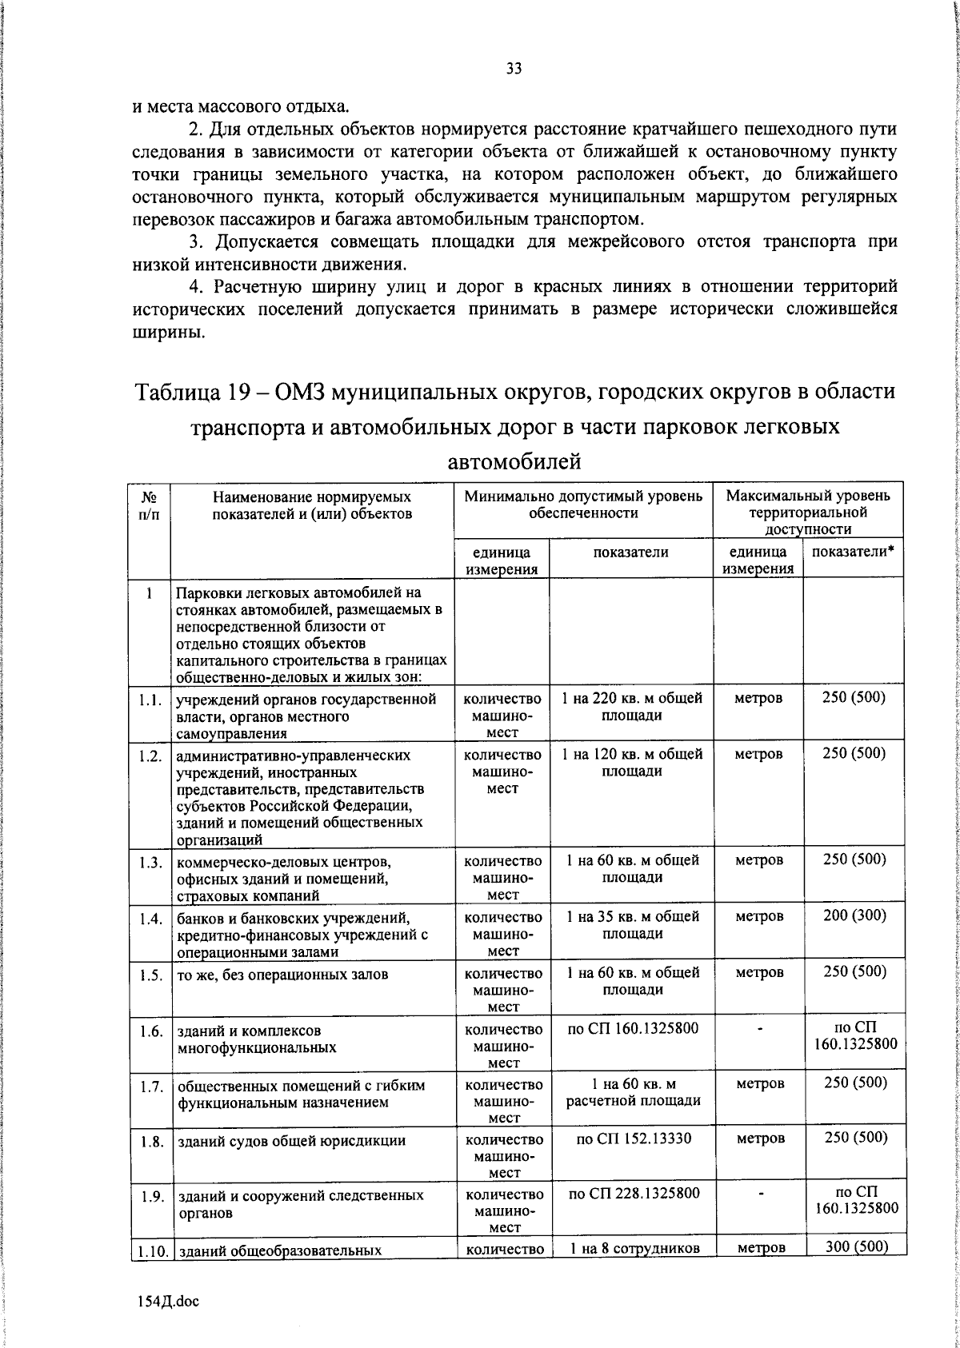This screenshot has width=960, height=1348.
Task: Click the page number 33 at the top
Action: [x=514, y=69]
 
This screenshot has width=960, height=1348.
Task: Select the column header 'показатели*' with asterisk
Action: [x=853, y=552]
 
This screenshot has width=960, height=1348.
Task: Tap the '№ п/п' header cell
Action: [x=149, y=505]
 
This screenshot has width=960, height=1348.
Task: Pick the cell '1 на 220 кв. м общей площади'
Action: [x=631, y=707]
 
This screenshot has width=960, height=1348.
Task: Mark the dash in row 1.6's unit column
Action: [x=758, y=1029]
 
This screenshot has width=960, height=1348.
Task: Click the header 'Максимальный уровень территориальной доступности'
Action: [x=807, y=512]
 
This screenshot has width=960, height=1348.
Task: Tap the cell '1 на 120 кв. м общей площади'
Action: [x=631, y=763]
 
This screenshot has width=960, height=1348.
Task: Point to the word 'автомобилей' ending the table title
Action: [x=514, y=462]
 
